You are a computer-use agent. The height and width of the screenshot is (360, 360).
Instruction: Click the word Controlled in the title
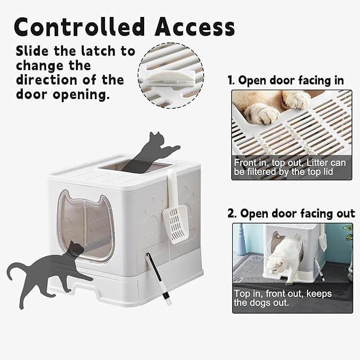coord(80,27)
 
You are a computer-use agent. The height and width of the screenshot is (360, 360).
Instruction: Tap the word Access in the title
coord(195,27)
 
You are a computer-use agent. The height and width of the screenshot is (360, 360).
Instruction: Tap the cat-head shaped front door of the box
coord(85,226)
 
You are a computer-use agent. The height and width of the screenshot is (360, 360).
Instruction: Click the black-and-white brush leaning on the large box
coord(159,279)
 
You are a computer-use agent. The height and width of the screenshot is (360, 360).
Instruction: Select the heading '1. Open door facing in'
coord(286,81)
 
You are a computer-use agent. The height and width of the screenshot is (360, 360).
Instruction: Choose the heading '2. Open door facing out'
coord(291,213)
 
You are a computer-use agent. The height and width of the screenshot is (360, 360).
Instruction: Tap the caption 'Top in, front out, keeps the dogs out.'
coord(283,298)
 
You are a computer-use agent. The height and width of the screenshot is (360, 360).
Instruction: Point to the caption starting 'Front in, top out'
coord(289,167)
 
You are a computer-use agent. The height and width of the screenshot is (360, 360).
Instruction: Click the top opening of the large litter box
coord(138,166)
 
